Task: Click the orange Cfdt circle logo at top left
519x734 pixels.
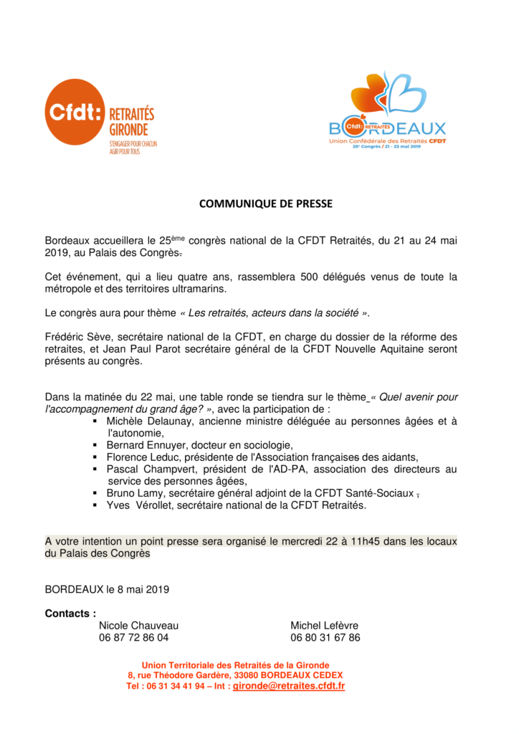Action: coord(75,113)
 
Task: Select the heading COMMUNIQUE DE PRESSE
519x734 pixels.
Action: coord(265,204)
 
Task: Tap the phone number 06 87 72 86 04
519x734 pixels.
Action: coord(134,637)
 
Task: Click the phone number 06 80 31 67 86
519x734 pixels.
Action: coord(325,637)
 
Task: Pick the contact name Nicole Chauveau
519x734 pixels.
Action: coord(139,626)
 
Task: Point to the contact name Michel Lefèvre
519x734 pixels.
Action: coord(325,626)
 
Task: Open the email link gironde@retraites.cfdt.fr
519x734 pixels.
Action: coord(289,686)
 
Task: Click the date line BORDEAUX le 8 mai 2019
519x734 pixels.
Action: coord(107,590)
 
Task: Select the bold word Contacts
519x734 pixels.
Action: coord(70,614)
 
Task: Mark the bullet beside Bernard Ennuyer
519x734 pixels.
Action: coord(95,445)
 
